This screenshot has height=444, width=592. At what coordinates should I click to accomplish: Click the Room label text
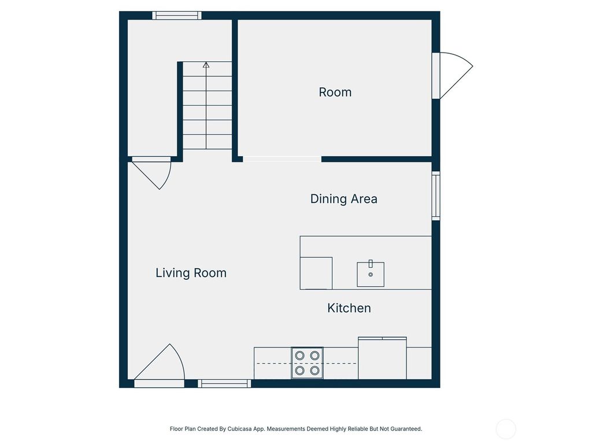335,92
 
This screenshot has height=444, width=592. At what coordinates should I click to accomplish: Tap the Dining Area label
343,199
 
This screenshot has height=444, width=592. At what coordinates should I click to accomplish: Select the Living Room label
191,273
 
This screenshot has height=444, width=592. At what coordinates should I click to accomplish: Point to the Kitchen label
349,308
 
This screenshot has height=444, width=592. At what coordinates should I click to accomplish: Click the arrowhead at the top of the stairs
206,65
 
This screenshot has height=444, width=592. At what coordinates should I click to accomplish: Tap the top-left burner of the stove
300,356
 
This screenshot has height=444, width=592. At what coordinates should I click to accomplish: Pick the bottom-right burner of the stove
314,370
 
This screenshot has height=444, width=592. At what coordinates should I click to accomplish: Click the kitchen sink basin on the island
371,274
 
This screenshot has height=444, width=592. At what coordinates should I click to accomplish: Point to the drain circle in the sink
371,275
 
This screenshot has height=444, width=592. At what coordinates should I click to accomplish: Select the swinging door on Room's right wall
454,75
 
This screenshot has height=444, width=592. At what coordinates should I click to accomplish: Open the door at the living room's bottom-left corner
161,364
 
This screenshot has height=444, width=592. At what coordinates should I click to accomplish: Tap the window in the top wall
177,16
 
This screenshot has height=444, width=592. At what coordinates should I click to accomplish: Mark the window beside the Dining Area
436,195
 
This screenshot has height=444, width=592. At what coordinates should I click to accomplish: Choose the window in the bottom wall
224,383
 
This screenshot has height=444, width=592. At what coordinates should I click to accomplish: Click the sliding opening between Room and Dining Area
282,159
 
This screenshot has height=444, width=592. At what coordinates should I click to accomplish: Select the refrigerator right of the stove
382,358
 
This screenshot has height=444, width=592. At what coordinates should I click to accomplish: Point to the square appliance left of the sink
316,273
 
